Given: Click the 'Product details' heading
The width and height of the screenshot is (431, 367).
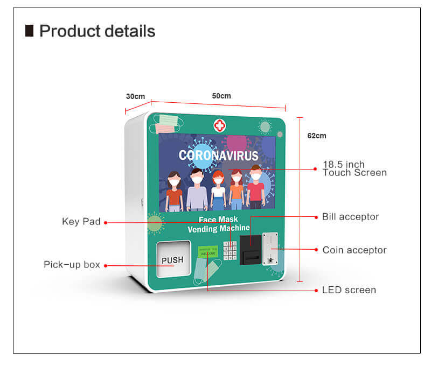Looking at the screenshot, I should [97, 31].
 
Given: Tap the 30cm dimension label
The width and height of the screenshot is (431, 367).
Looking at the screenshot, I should [135, 96].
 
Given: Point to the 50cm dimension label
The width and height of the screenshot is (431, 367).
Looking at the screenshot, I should [221, 96].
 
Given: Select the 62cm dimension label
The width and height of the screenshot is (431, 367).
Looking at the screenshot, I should [317, 136].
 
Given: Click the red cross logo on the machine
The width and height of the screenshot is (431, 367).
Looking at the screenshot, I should [219, 125].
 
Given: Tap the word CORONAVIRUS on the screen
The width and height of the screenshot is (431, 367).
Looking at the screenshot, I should [218, 156].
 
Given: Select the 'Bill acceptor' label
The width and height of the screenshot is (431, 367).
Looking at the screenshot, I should [350, 217].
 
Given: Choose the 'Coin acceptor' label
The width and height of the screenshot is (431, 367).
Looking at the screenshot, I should [354, 250].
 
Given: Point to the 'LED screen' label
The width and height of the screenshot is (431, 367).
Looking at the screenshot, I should [349, 290].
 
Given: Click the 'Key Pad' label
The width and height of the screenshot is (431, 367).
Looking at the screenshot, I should [81, 222].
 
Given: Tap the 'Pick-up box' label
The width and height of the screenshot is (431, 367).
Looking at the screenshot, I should [72, 265].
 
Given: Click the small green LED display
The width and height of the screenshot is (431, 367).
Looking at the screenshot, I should [207, 251].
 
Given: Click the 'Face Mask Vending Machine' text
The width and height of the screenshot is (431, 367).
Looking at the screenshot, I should [218, 224].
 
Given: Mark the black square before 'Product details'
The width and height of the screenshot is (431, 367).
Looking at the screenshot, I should [30, 31].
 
